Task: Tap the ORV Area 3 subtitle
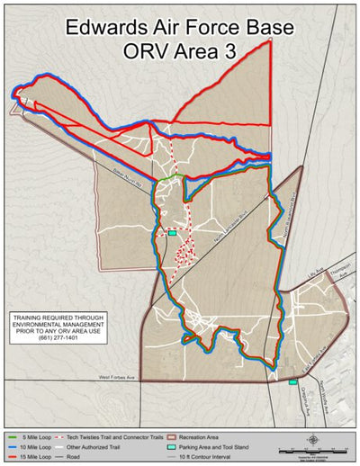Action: [180, 51]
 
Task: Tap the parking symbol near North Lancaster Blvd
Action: [172, 233]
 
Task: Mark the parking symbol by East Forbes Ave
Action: [293, 381]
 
